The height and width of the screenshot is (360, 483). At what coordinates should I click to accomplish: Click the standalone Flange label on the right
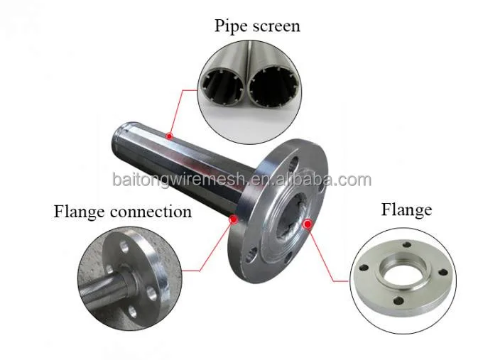pos(406,209)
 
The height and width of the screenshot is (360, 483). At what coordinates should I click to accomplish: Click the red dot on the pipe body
pos(168,136)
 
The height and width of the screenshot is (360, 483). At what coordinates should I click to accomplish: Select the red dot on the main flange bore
pos(308,225)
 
